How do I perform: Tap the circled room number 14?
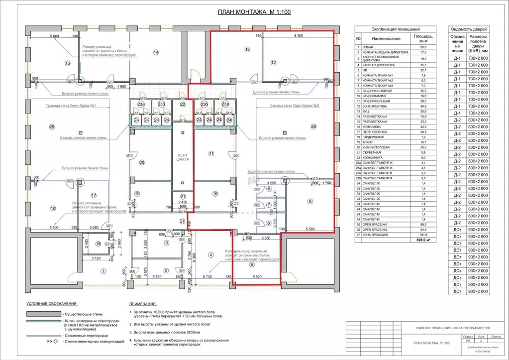156,52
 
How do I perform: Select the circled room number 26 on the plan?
313,126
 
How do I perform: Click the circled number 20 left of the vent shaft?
142,162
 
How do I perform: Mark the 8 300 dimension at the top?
299,36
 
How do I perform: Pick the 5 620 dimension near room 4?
257,277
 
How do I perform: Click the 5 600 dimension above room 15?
54,36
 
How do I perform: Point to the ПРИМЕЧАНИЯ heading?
143,304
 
